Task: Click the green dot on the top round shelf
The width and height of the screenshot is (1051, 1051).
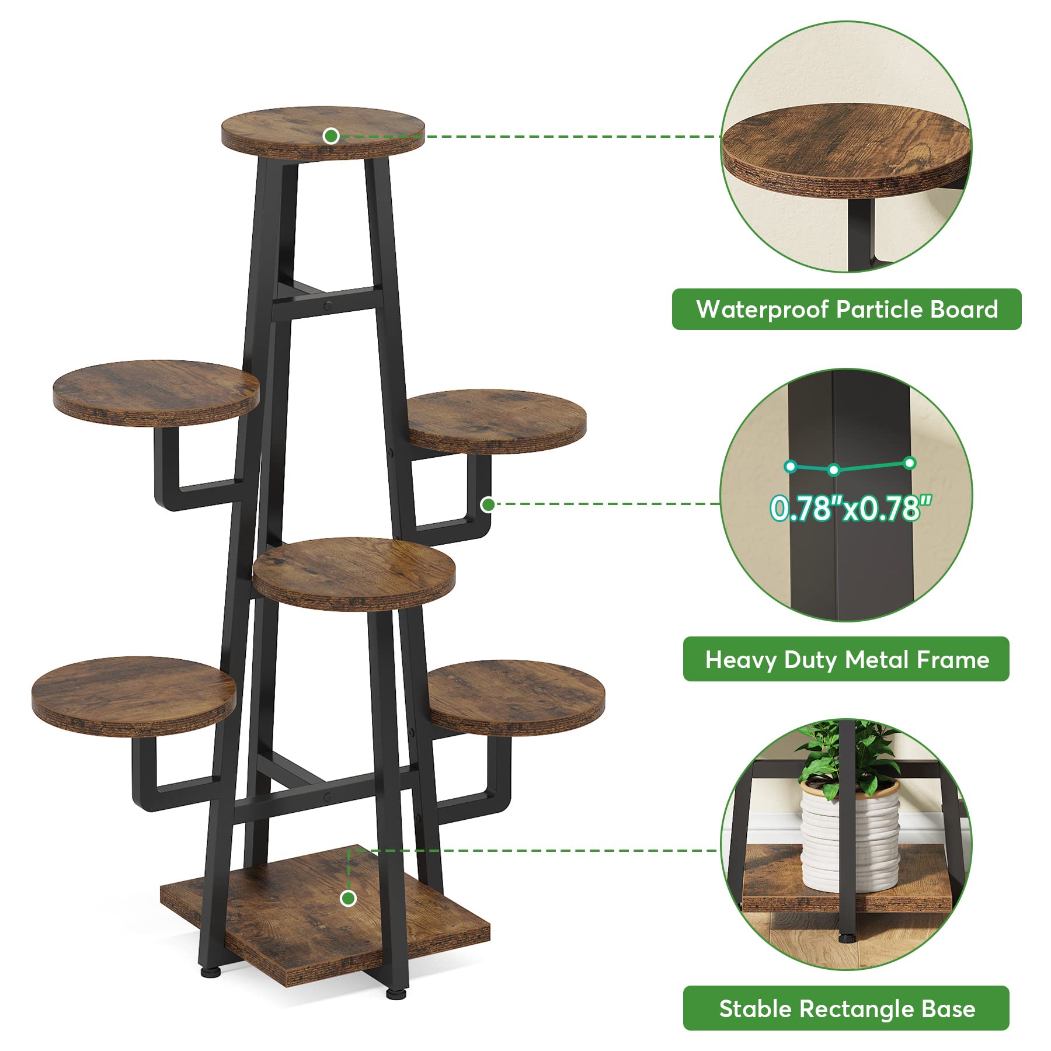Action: pyautogui.click(x=331, y=136)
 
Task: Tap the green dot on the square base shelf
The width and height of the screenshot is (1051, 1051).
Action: pyautogui.click(x=349, y=898)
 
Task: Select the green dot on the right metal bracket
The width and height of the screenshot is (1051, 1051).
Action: pyautogui.click(x=488, y=504)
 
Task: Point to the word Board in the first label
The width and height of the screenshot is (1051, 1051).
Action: pyautogui.click(x=964, y=309)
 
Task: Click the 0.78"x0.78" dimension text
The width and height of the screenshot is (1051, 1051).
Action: pyautogui.click(x=850, y=508)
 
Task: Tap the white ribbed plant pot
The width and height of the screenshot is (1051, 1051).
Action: pyautogui.click(x=850, y=835)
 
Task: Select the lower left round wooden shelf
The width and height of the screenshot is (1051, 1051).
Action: pyautogui.click(x=134, y=695)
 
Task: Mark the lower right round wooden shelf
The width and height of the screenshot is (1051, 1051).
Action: pyautogui.click(x=516, y=696)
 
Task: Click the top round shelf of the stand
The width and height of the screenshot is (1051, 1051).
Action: pyautogui.click(x=323, y=131)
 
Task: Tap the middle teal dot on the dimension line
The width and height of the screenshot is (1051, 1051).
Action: pyautogui.click(x=834, y=469)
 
